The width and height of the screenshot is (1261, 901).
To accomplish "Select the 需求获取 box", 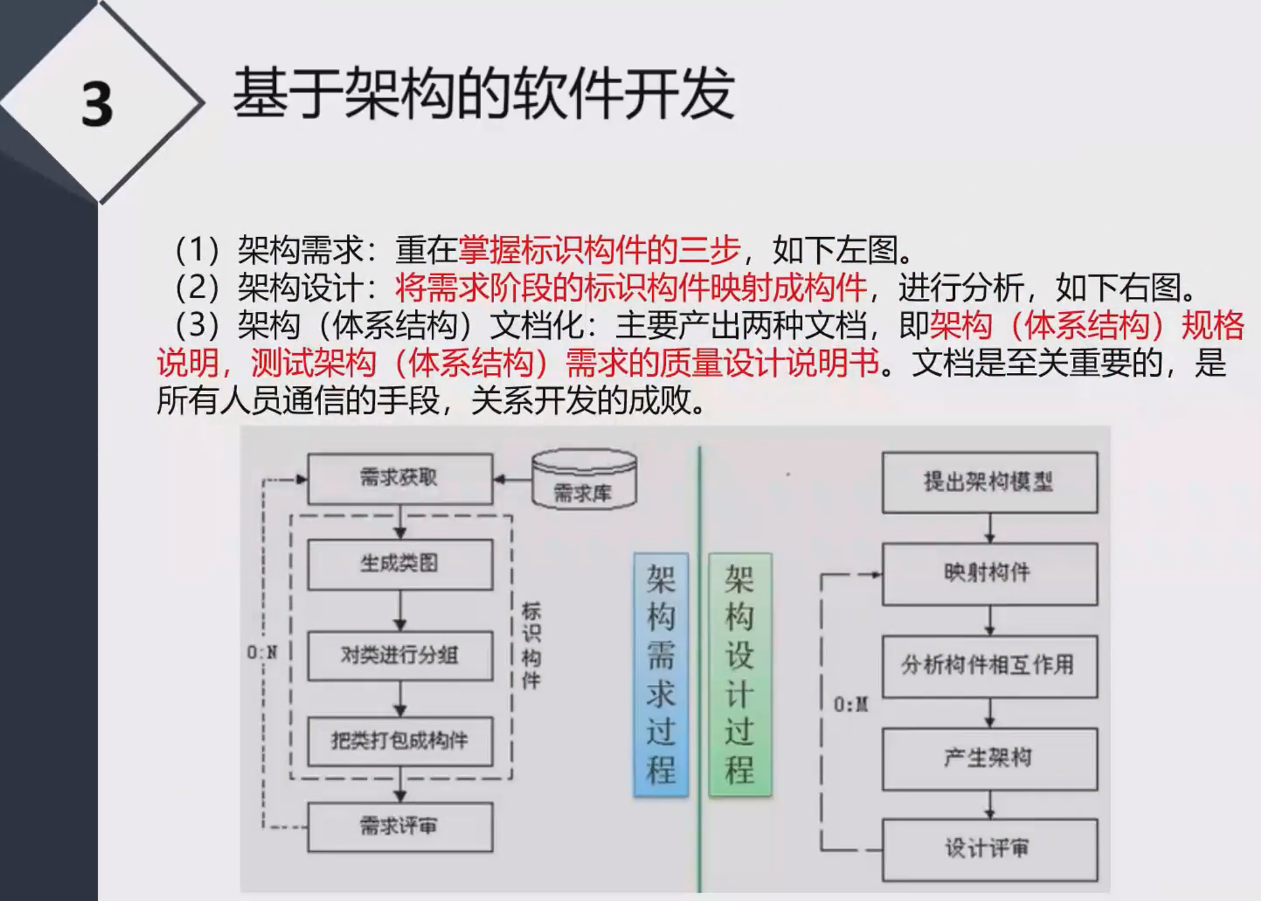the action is [x=400, y=478].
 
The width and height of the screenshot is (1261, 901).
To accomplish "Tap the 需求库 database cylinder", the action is [x=584, y=482].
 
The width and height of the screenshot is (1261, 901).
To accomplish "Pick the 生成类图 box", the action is [x=400, y=564].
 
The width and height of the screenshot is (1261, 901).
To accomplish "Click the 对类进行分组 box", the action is [x=400, y=655].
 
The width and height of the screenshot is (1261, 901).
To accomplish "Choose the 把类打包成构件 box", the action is [x=400, y=742].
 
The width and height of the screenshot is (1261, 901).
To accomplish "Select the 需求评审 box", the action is [x=400, y=827].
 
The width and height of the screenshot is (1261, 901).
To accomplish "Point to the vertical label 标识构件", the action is [x=531, y=646].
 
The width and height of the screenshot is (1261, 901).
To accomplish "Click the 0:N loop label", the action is [x=262, y=653].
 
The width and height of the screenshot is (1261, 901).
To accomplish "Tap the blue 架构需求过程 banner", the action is [x=661, y=675].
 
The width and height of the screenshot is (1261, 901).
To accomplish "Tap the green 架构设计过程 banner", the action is [x=740, y=675].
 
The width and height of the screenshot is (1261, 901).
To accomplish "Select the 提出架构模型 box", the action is [x=989, y=482].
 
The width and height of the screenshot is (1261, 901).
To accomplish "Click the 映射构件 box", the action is [x=989, y=574].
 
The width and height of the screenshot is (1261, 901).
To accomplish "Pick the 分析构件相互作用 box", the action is [x=989, y=666].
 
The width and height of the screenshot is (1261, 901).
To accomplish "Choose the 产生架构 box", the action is [x=989, y=759].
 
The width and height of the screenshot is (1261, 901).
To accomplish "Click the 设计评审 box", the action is [x=989, y=849].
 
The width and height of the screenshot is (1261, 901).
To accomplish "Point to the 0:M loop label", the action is [x=851, y=705].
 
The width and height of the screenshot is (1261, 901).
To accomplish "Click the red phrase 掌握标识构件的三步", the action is [x=599, y=250].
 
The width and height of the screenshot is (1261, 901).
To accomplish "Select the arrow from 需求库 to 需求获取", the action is [x=513, y=480].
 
